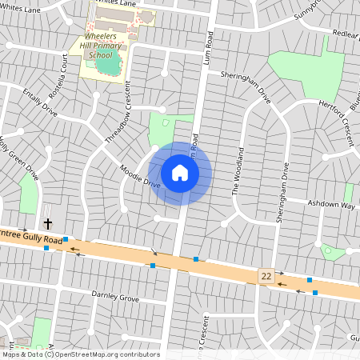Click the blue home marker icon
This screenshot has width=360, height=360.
[x=180, y=172]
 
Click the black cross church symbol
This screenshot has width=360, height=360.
[x=47, y=224]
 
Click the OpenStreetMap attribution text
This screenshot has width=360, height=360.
[x=80, y=354]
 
